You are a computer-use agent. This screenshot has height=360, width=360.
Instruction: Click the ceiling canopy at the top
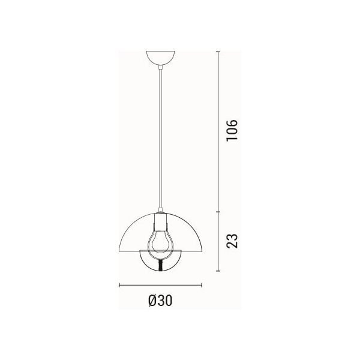[160, 59]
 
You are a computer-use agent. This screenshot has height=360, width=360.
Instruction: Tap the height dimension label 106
[232, 131]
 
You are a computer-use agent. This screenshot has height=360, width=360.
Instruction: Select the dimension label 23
[232, 240]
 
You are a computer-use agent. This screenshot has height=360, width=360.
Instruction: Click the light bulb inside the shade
[160, 240]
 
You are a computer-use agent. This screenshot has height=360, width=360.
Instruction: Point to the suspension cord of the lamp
[160, 138]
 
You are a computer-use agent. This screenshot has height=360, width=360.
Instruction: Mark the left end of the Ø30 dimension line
[119, 285]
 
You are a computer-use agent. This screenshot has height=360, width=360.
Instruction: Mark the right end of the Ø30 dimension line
[202, 285]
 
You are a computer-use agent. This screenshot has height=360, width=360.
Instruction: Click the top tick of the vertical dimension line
[217, 52]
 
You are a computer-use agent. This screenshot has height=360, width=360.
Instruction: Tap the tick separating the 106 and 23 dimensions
[217, 212]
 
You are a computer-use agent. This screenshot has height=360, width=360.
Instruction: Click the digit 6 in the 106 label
[232, 123]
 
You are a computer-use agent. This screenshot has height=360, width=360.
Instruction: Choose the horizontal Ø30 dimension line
[160, 285]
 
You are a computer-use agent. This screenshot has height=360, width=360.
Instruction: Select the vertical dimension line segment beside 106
[217, 132]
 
